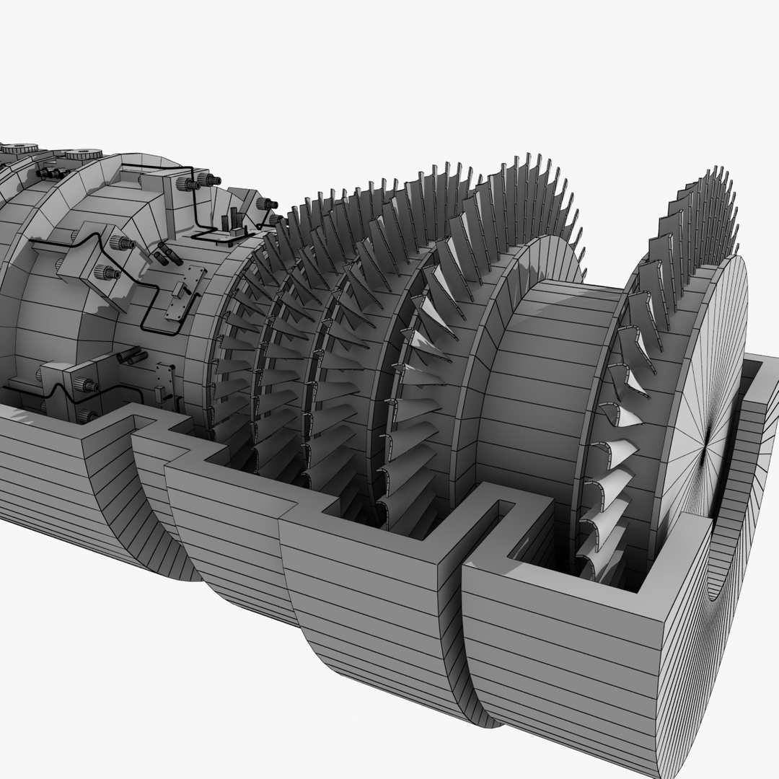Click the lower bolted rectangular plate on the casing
[165, 382]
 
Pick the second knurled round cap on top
[85, 154]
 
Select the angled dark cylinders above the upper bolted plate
[165, 253]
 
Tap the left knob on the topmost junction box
[187, 184]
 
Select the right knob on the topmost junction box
[209, 180]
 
